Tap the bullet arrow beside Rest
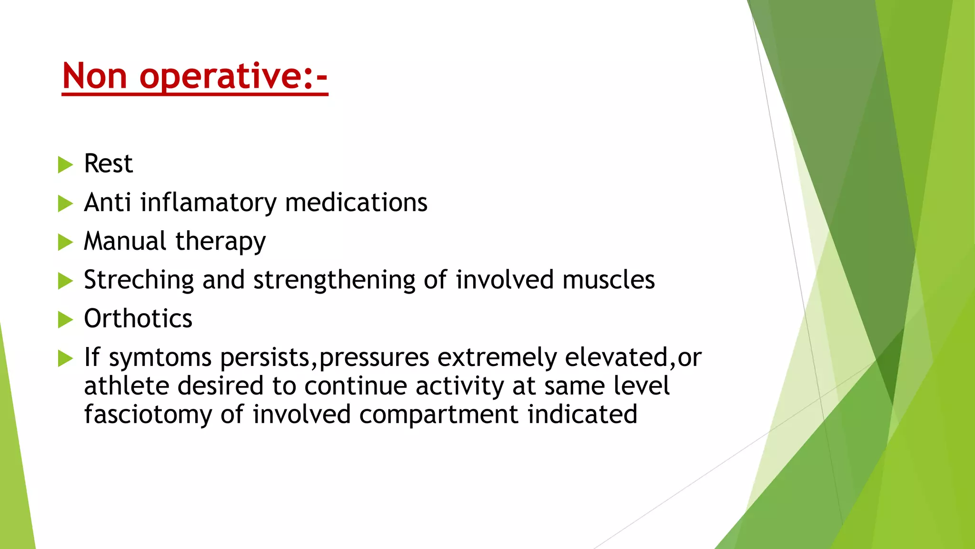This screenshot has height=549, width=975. click(x=65, y=165)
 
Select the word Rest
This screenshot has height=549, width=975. click(x=108, y=164)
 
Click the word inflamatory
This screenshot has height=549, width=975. click(x=208, y=203)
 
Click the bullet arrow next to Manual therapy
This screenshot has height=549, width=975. click(x=65, y=242)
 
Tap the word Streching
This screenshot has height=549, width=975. click(x=139, y=280)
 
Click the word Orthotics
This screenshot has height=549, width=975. click(x=138, y=318)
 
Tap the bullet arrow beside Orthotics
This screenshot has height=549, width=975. click(x=65, y=319)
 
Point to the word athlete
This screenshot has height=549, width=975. click(x=126, y=386)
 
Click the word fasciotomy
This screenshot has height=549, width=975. click(x=148, y=415)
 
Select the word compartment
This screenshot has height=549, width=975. click(x=438, y=415)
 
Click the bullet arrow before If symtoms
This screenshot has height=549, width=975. click(x=65, y=358)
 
